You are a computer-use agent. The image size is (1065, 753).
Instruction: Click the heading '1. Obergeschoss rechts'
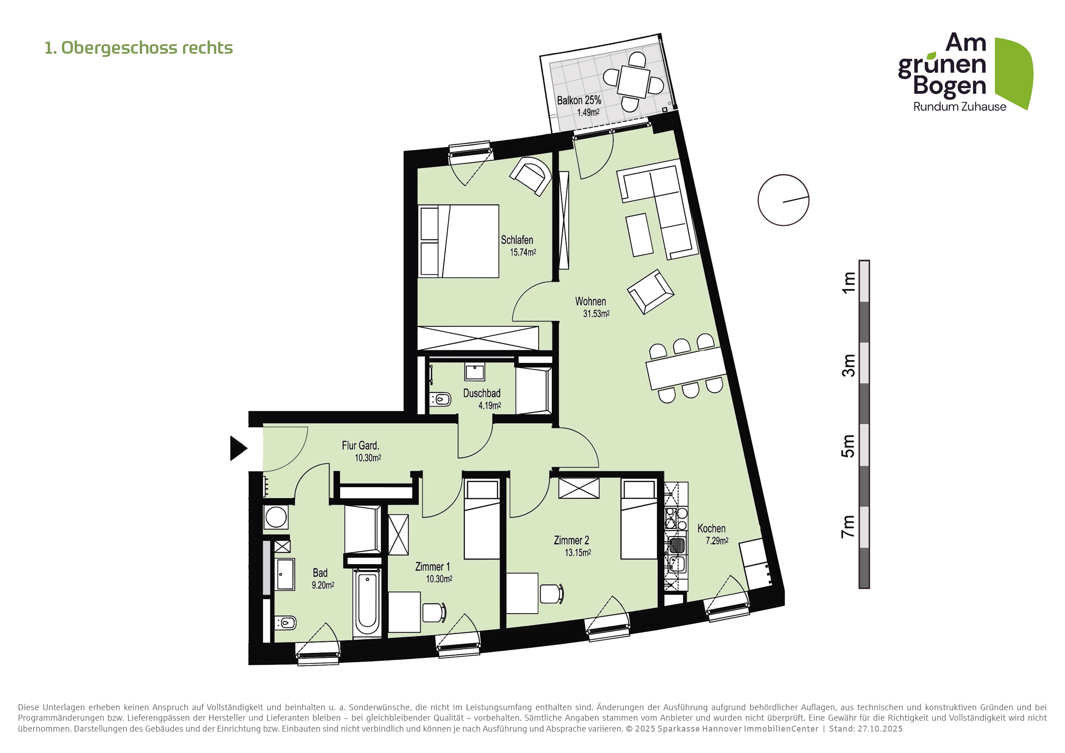click(139, 48)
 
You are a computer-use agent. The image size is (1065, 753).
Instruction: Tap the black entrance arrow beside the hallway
click(239, 448)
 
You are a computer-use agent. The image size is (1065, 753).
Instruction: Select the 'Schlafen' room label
click(517, 240)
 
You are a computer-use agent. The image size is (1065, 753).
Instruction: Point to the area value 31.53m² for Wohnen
click(596, 313)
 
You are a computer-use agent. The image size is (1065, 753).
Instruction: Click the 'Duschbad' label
click(481, 393)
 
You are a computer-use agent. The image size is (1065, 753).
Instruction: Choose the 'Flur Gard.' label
click(361, 446)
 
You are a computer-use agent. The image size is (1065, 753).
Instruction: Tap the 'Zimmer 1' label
click(432, 567)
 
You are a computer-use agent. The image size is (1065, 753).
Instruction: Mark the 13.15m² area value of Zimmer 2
click(578, 553)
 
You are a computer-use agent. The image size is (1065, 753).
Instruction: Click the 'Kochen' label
click(712, 528)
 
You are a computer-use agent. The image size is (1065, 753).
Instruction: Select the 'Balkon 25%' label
click(579, 100)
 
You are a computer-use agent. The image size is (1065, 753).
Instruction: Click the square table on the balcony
click(634, 81)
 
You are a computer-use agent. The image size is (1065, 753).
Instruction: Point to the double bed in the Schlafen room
click(459, 241)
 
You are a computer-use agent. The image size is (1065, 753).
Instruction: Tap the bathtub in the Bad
click(367, 604)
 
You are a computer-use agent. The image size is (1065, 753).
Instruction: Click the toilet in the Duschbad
click(440, 399)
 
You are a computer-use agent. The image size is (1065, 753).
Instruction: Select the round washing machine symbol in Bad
click(276, 517)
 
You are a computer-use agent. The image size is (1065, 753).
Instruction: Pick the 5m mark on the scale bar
click(848, 446)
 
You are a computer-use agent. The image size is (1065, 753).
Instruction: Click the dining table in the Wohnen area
click(686, 368)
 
